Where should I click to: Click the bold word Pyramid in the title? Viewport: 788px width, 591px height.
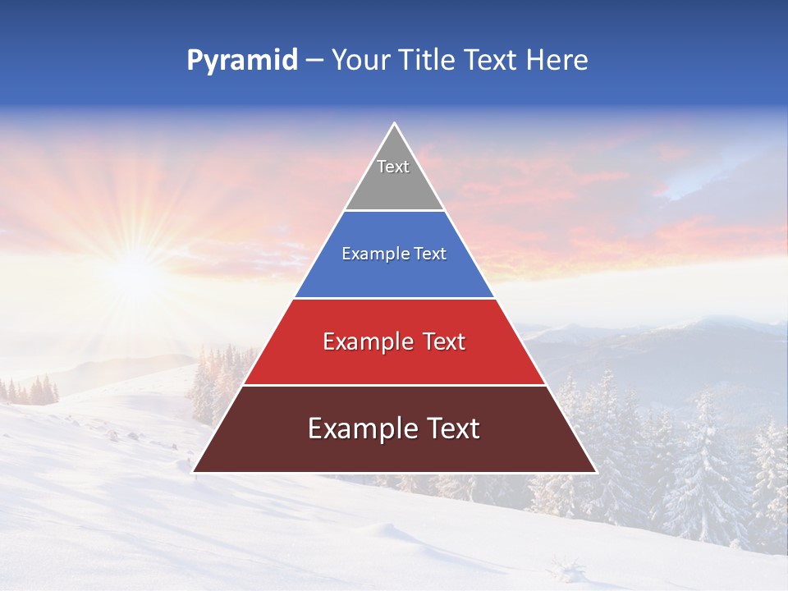(x=241, y=61)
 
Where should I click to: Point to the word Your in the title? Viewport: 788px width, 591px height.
(x=359, y=61)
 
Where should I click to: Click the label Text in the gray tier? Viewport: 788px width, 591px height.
(x=393, y=167)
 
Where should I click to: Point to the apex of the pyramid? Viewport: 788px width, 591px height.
(x=394, y=124)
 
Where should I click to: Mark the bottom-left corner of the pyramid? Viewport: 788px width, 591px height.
(x=193, y=472)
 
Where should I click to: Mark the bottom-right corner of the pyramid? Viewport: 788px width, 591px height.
(x=596, y=472)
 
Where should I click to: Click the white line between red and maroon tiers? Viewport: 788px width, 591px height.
(x=394, y=385)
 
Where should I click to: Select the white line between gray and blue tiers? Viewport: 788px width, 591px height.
(x=394, y=211)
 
